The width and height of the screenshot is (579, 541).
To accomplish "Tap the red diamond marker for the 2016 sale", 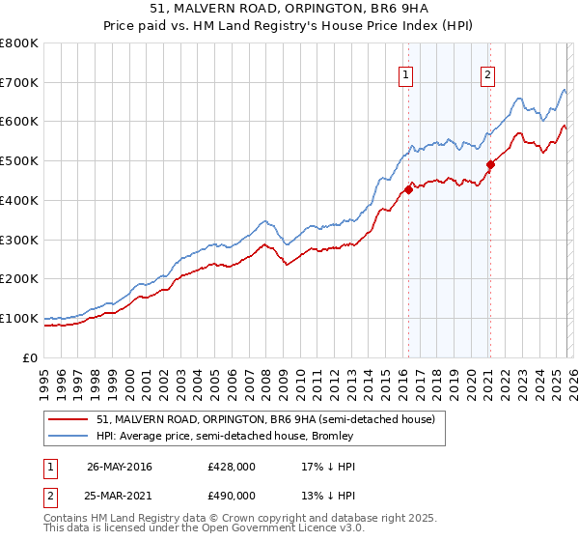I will tap(408, 189).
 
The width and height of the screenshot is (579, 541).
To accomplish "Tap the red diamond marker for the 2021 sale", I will tap(490, 164).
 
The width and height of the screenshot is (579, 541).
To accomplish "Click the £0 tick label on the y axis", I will tap(31, 357).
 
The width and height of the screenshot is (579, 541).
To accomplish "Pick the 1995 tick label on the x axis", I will tap(44, 381).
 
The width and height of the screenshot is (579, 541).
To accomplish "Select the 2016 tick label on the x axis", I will tap(401, 381).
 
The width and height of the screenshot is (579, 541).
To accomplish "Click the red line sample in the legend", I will tap(69, 419).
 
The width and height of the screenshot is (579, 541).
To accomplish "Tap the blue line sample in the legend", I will tap(69, 436).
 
